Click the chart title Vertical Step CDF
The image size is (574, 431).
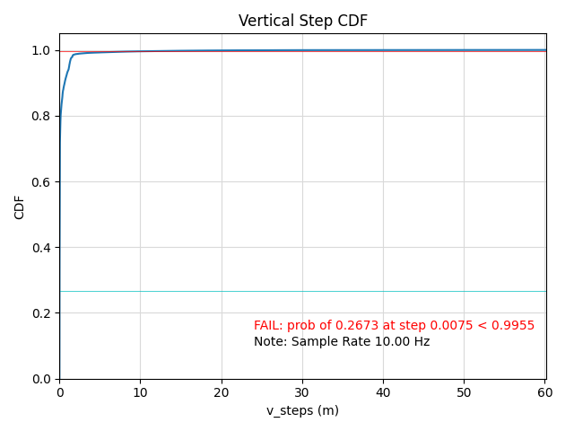tap(302, 21)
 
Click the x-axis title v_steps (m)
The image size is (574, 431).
tap(302, 410)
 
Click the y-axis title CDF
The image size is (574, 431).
tap(20, 207)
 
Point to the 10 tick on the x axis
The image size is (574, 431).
tap(140, 392)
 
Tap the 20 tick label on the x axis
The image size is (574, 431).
tap(222, 392)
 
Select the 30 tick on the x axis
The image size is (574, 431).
tap(302, 392)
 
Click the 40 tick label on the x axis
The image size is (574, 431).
tap(383, 392)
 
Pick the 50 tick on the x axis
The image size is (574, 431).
tap(465, 392)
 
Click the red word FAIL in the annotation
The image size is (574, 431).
tap(268, 326)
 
